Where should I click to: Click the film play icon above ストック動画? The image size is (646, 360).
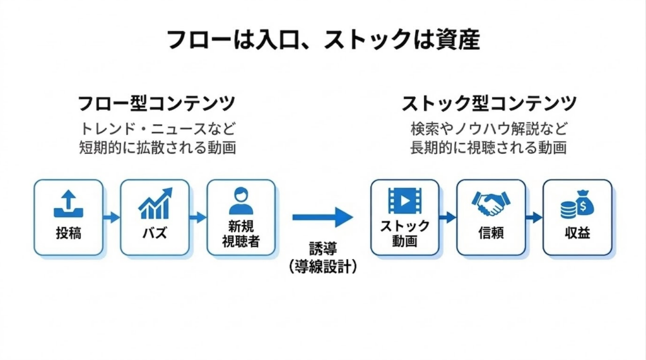click(x=404, y=200)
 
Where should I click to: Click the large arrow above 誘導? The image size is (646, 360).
click(x=322, y=217)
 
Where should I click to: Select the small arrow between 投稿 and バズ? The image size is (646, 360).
click(x=112, y=218)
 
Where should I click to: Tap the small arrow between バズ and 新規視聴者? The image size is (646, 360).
click(x=198, y=218)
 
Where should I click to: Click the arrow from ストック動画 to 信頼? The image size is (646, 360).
click(x=448, y=218)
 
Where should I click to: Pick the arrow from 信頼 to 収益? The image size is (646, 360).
click(x=534, y=218)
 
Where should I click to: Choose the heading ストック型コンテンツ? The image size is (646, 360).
click(x=489, y=103)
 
